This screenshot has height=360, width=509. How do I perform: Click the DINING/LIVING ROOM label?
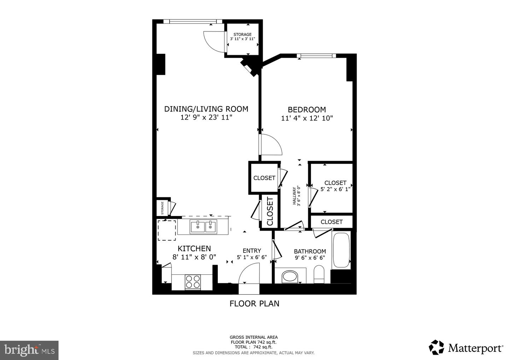tap(206, 109)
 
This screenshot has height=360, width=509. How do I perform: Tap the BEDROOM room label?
tap(306, 110)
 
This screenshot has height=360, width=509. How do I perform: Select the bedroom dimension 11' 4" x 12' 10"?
tap(307, 118)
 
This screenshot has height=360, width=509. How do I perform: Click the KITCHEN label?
tap(194, 249)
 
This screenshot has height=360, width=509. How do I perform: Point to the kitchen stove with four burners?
tap(193, 282)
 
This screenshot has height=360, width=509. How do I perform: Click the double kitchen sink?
tap(203, 227)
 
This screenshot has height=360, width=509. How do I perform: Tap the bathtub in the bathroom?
tap(341, 250)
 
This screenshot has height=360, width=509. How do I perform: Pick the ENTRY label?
tap(251, 251)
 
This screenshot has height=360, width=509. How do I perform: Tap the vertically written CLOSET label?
tap(270, 211)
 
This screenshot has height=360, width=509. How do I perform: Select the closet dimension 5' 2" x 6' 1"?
tap(335, 189)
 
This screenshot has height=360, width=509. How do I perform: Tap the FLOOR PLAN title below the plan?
tap(254, 303)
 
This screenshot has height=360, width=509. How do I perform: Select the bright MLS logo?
tap(29, 350)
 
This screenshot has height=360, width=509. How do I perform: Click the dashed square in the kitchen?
tap(166, 230)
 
